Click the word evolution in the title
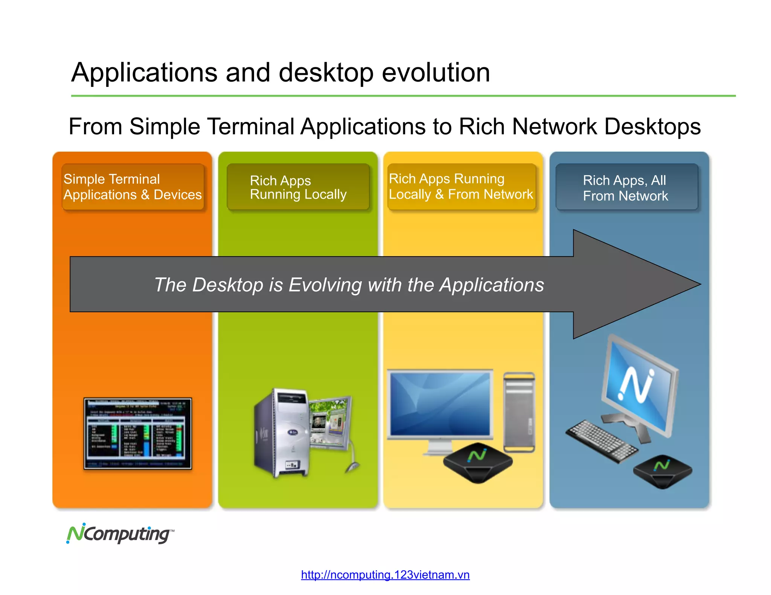coord(436,72)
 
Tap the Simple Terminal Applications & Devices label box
coord(133,187)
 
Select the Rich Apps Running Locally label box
coord(298,187)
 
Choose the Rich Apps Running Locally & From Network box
coord(461,187)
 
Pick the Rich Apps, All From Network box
coord(626,187)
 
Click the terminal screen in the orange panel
coord(137,433)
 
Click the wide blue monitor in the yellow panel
coord(440,404)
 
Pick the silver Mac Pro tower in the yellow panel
coord(519,412)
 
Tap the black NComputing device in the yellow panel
coord(477,462)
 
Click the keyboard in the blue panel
coord(602,441)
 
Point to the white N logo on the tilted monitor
coord(636,384)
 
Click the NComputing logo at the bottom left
coord(120,533)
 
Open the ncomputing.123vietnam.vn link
coord(385,575)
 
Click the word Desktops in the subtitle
coord(652,126)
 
